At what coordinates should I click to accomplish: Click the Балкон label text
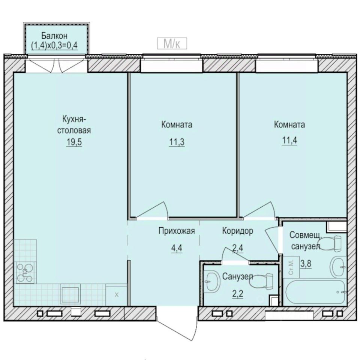54,36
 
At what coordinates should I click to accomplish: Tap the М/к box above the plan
171,44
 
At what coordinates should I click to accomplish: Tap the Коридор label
237,231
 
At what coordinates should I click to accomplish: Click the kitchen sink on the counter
71,295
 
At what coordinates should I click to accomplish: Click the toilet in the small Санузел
267,280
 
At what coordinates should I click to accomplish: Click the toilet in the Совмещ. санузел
333,244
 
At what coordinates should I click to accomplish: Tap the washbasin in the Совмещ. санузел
339,267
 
